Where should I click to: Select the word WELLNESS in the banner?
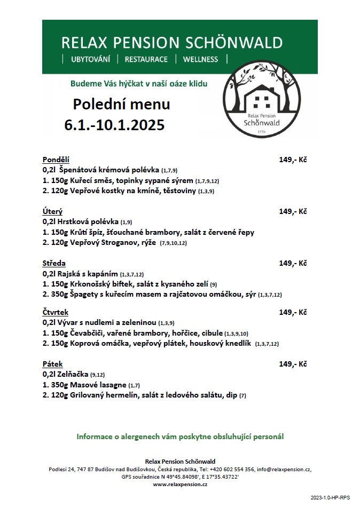tap(200, 59)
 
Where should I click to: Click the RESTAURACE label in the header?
tap(146, 59)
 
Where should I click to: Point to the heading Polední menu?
tap(121, 104)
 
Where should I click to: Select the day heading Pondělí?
tap(56, 160)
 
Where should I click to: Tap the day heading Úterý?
tap(53, 212)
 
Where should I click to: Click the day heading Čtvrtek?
tap(56, 312)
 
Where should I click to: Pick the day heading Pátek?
tap(53, 364)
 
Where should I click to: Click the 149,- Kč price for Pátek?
tap(293, 364)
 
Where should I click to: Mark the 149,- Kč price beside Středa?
tap(293, 264)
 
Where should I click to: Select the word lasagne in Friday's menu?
tap(109, 385)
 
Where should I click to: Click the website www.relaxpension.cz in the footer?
tap(180, 484)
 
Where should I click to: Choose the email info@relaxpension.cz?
tap(285, 469)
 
